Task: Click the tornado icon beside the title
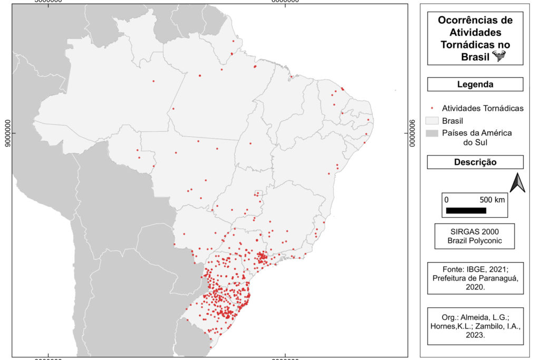point(498,56)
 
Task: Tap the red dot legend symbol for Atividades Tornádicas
point(431,108)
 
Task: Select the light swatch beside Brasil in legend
point(431,121)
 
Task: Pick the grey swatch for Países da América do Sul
point(431,133)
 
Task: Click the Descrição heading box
point(475,162)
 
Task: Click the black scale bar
point(466,210)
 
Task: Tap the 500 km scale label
point(491,200)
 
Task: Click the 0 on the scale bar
point(446,200)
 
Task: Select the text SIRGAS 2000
point(475,231)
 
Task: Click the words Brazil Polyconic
point(475,241)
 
